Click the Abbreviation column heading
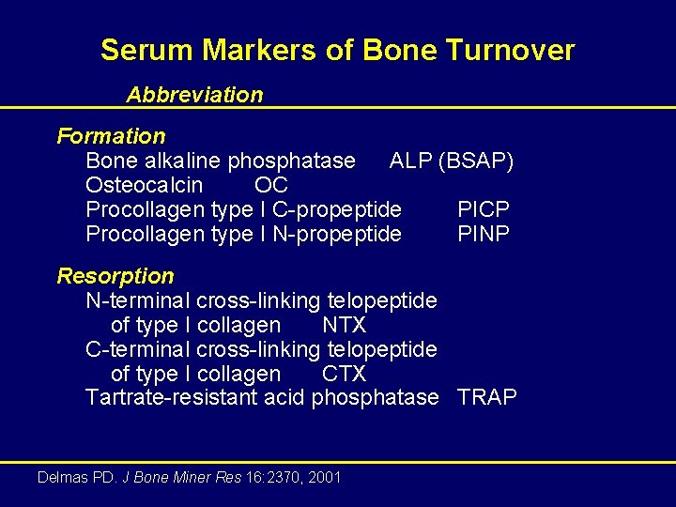tap(195, 95)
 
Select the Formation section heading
tap(111, 137)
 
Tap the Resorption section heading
tap(115, 276)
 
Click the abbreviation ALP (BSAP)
tap(451, 161)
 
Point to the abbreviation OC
tap(270, 186)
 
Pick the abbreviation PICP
tap(484, 209)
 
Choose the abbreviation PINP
tap(484, 234)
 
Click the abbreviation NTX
tap(344, 326)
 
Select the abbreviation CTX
tap(344, 375)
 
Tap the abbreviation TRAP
tap(486, 398)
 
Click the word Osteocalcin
tap(144, 186)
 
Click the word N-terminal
tap(138, 301)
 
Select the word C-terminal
tap(138, 350)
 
